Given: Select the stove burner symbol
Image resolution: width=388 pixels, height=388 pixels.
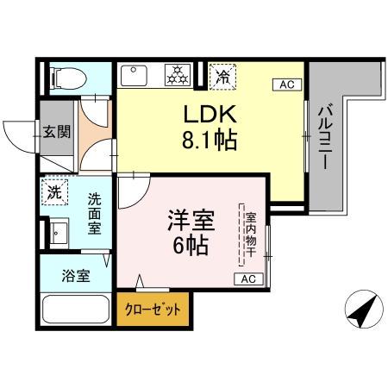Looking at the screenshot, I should [178, 76].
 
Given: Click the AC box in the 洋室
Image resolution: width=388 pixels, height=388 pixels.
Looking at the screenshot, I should [247, 279].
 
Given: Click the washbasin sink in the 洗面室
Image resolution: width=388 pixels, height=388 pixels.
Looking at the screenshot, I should [59, 234].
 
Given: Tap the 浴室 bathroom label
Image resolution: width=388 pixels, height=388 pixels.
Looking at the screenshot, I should [73, 278].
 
